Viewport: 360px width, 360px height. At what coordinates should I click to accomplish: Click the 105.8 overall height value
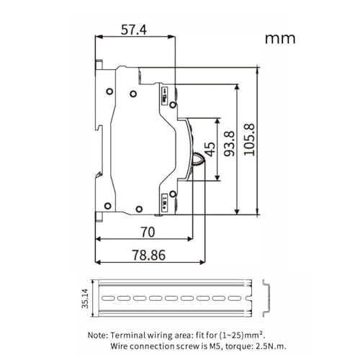tap(249, 141)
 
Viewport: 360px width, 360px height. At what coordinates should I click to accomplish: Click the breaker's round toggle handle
tap(199, 160)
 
